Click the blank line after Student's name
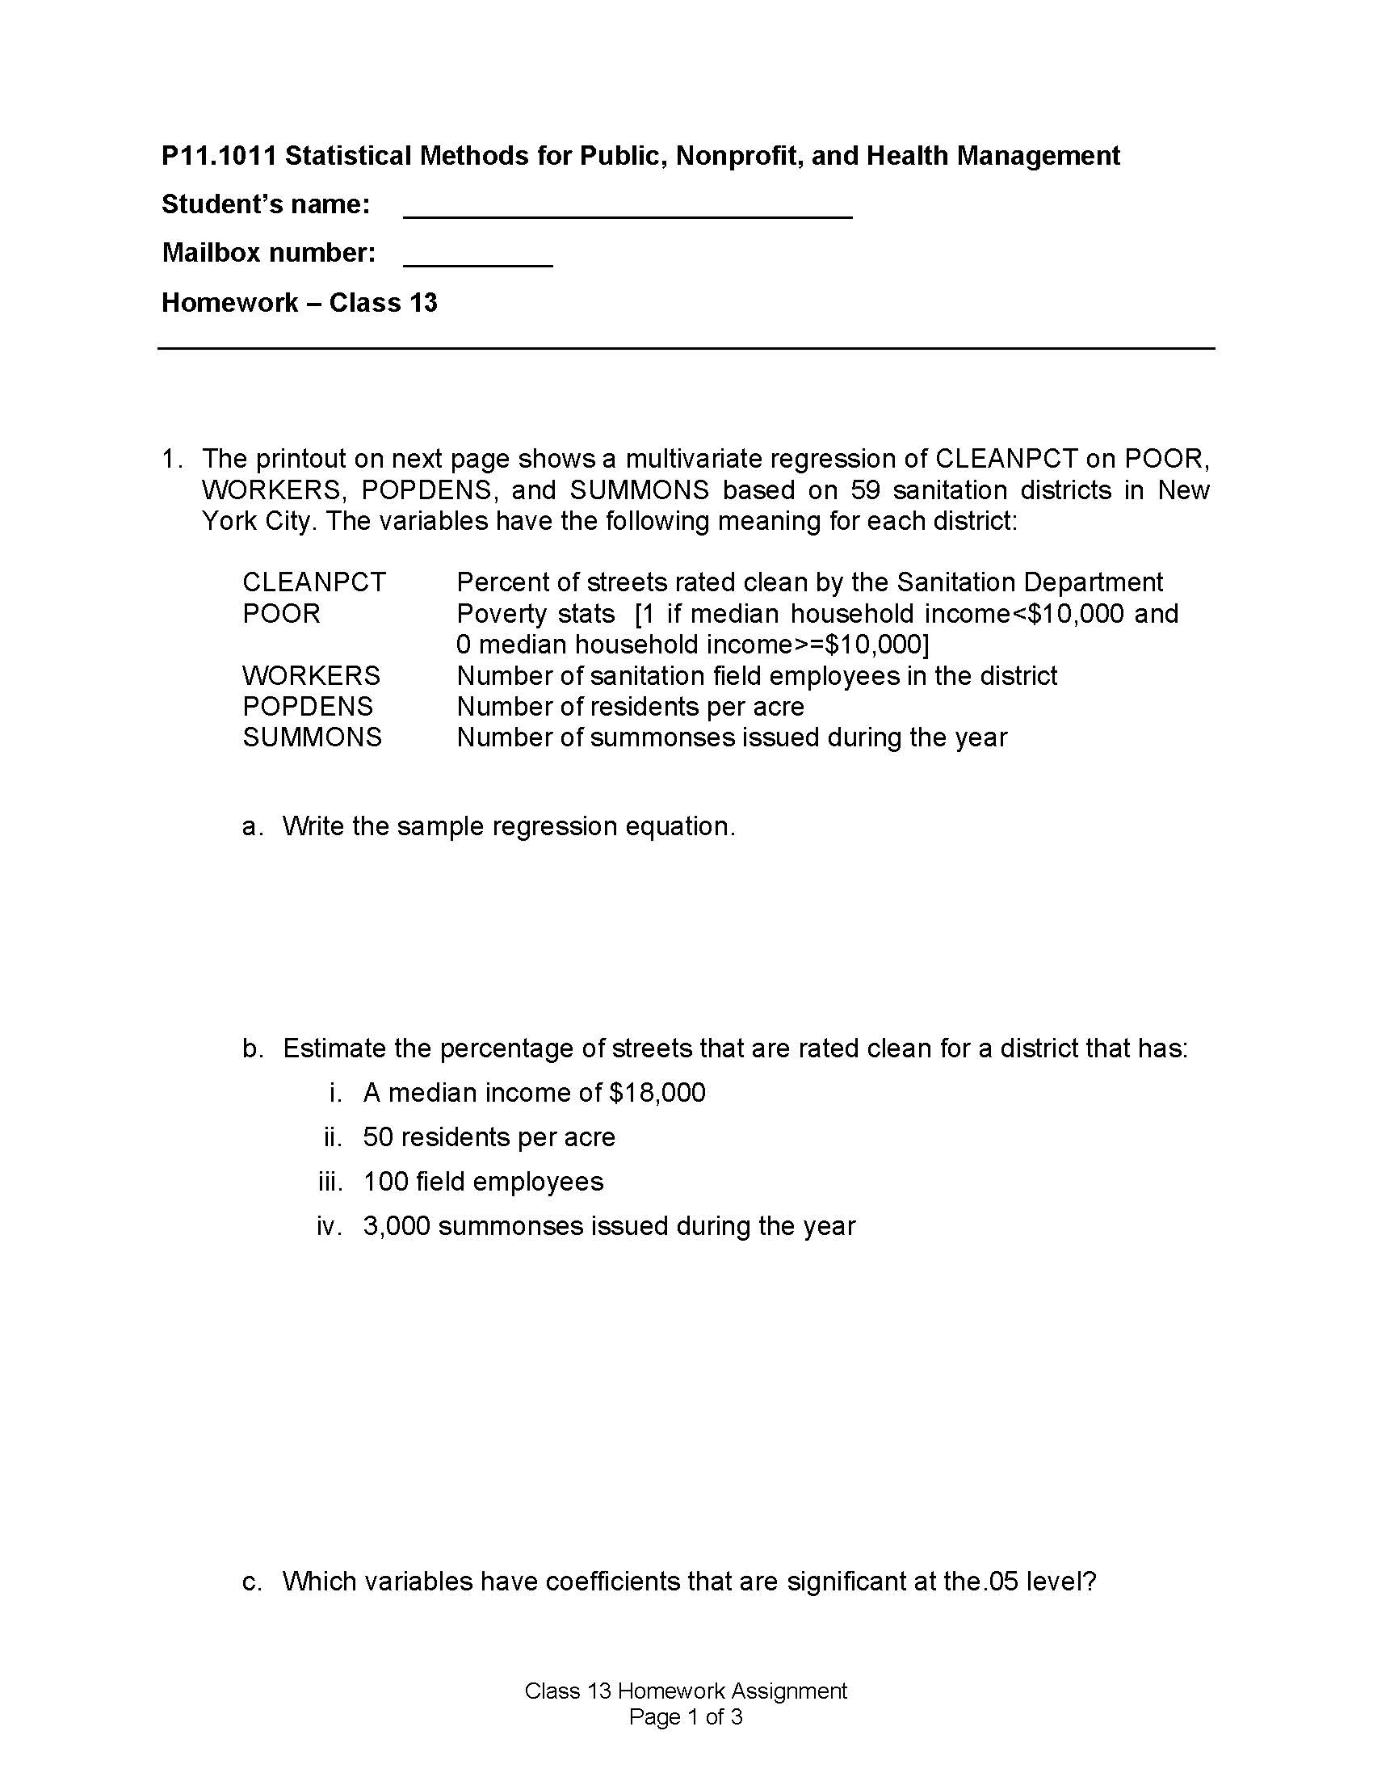627,213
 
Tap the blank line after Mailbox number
477,262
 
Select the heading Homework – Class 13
300,303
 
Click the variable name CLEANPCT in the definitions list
314,582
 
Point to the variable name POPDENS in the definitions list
308,706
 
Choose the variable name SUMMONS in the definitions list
312,737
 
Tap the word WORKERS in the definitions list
311,675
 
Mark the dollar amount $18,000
657,1092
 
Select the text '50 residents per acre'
489,1136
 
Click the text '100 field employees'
483,1182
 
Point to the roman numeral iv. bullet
330,1226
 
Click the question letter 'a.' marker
253,826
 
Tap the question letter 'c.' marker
252,1582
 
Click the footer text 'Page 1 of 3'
686,1716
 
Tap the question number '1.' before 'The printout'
170,459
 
